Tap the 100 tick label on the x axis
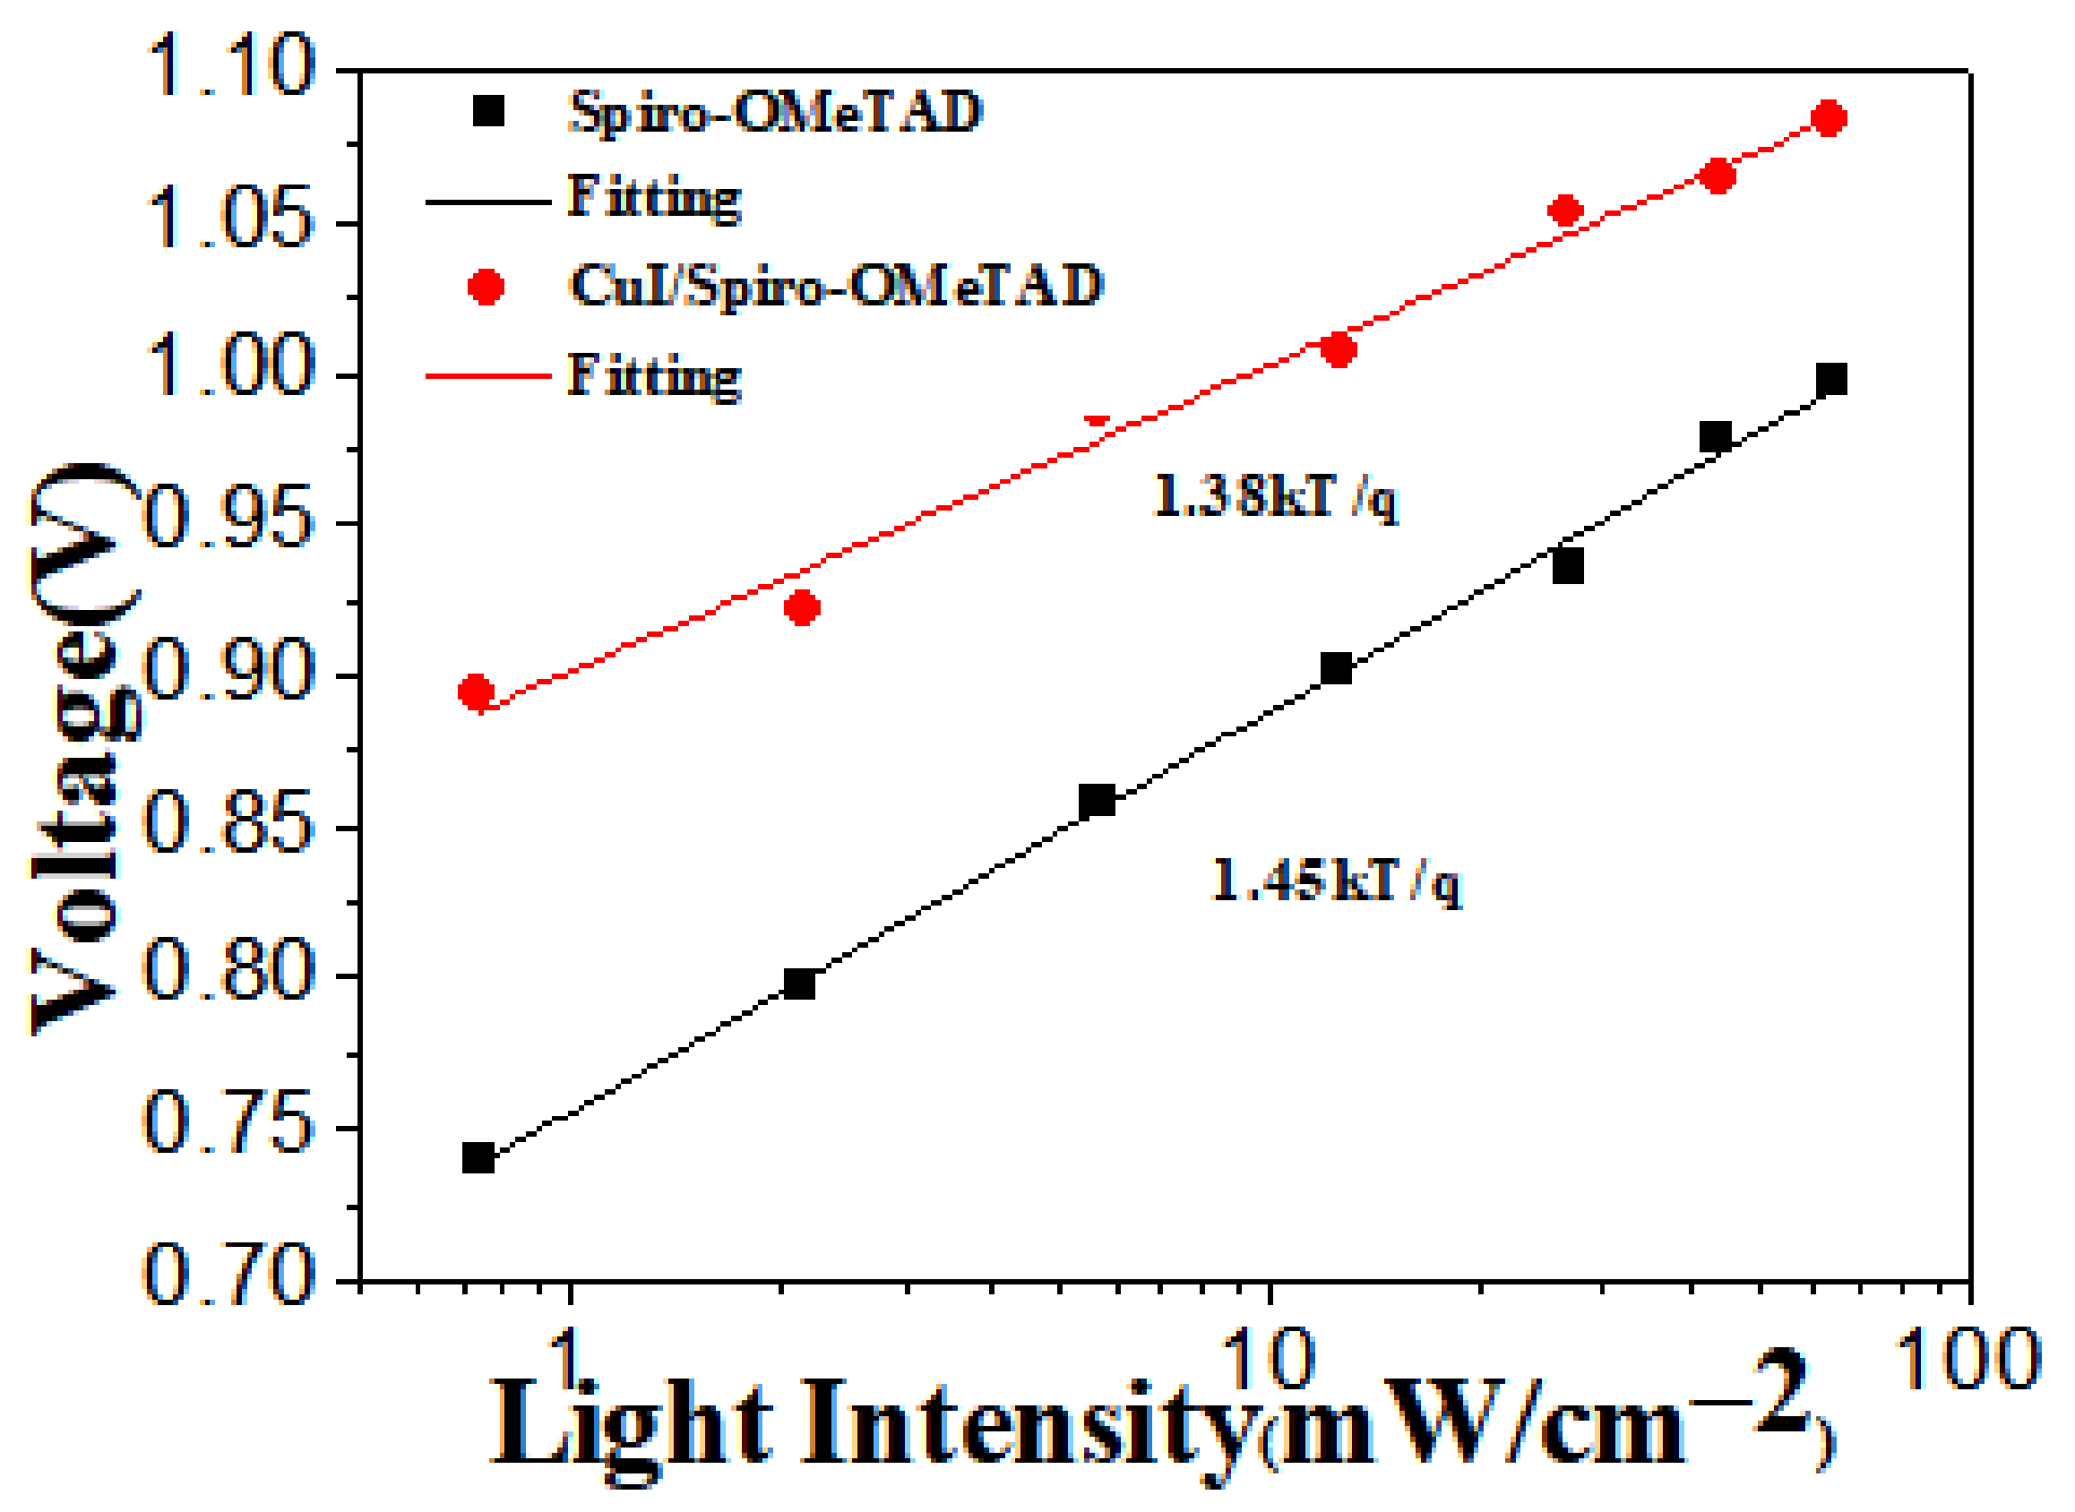click(x=1967, y=1360)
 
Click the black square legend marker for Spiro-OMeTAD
click(x=488, y=112)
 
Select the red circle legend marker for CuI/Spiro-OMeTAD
click(x=485, y=287)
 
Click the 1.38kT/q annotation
click(x=1275, y=496)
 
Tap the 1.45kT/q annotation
click(x=1336, y=881)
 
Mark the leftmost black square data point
click(x=478, y=1158)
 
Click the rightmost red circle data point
click(x=1829, y=118)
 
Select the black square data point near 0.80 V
click(x=799, y=984)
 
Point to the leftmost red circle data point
click(x=476, y=692)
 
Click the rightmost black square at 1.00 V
click(x=1830, y=379)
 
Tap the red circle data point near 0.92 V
click(x=803, y=607)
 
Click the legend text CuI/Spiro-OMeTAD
click(x=835, y=286)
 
